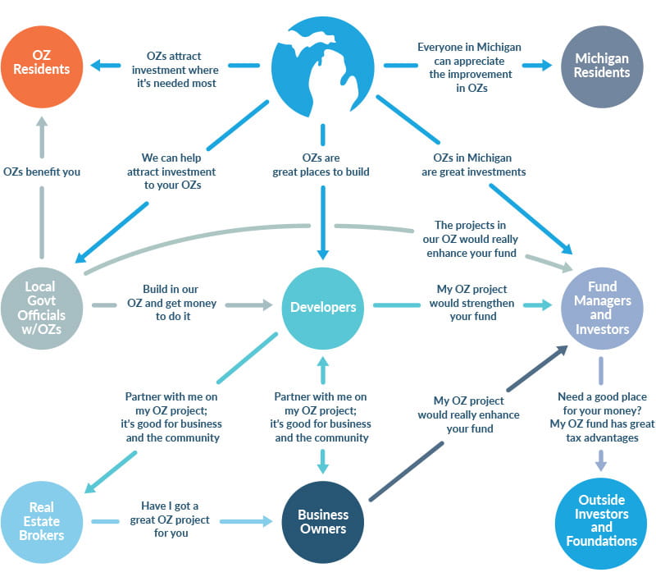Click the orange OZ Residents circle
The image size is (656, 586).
[41, 64]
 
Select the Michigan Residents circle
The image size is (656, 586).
[602, 65]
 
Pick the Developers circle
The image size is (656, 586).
[323, 307]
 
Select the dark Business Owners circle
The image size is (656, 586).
[322, 521]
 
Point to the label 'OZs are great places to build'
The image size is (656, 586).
[321, 164]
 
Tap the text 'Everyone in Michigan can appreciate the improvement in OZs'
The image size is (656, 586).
[469, 67]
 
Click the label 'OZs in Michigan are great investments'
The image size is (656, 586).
[473, 164]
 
